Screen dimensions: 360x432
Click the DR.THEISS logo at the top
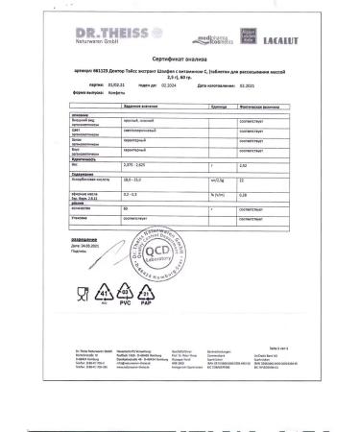click(108, 21)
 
